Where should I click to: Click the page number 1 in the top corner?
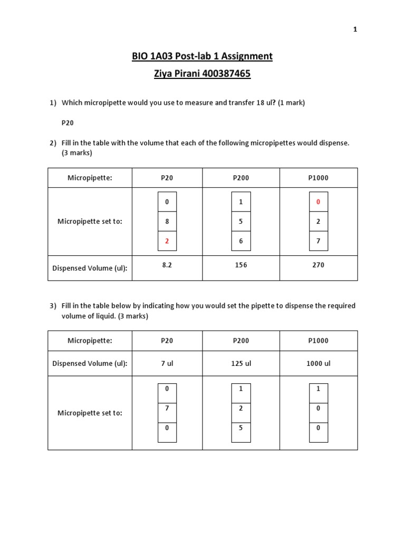[355, 29]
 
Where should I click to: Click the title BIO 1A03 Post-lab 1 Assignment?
[202, 56]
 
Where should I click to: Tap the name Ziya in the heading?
[163, 74]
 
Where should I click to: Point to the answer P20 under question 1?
[67, 123]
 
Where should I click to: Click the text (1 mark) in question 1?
[289, 103]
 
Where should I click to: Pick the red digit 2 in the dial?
[167, 241]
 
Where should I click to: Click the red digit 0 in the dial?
[318, 202]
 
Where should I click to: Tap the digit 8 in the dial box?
[167, 222]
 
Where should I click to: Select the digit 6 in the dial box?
[241, 241]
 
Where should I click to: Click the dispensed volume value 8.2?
[167, 265]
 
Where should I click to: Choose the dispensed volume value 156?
[241, 265]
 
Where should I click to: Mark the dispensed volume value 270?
[318, 265]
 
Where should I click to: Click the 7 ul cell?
[167, 363]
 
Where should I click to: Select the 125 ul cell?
[241, 363]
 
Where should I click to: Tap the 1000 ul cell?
[318, 363]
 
